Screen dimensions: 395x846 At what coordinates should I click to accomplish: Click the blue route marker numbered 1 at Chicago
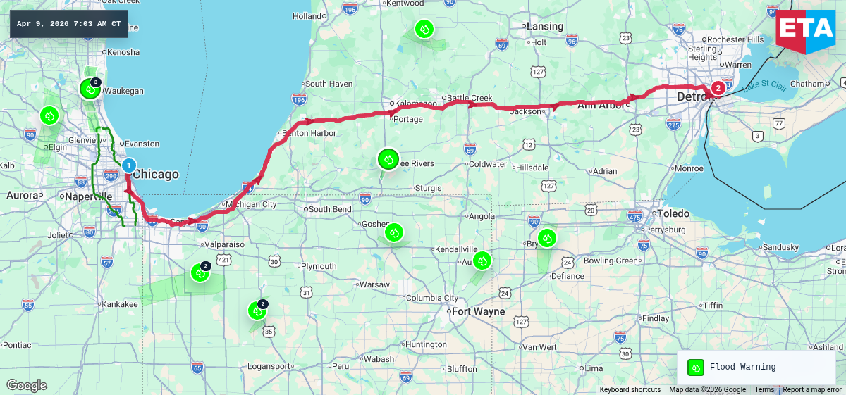128,165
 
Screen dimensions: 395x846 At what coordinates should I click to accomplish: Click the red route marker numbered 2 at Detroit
718,88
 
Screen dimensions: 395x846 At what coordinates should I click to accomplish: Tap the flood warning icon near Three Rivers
388,159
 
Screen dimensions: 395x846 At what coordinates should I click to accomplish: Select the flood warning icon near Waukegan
90,89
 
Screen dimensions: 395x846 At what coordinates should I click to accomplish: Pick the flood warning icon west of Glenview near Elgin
49,115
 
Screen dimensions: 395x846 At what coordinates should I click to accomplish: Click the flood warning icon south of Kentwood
424,29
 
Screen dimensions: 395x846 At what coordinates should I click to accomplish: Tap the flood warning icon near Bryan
546,238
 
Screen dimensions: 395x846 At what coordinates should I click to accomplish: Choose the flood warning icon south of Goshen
394,232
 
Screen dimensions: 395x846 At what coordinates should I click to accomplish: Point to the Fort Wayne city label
479,311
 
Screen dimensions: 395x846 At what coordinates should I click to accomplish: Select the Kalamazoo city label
415,104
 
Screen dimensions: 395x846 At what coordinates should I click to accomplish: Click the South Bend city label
330,209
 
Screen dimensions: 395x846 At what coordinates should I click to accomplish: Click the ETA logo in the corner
804,28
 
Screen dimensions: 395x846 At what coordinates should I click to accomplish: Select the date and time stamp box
68,24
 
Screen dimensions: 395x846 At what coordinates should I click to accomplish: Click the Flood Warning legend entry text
742,367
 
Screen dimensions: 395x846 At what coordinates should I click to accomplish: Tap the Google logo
26,385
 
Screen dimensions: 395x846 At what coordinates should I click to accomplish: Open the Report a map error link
811,390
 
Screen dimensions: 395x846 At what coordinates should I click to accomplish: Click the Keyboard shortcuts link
630,390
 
